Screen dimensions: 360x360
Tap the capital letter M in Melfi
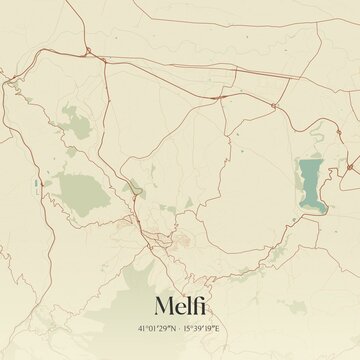pyautogui.click(x=165, y=302)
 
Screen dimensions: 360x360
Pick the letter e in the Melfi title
pyautogui.click(x=179, y=304)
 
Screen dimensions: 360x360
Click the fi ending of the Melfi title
pyautogui.click(x=196, y=301)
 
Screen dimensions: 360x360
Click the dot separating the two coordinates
pyautogui.click(x=180, y=327)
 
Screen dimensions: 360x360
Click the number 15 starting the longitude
pyautogui.click(x=188, y=327)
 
